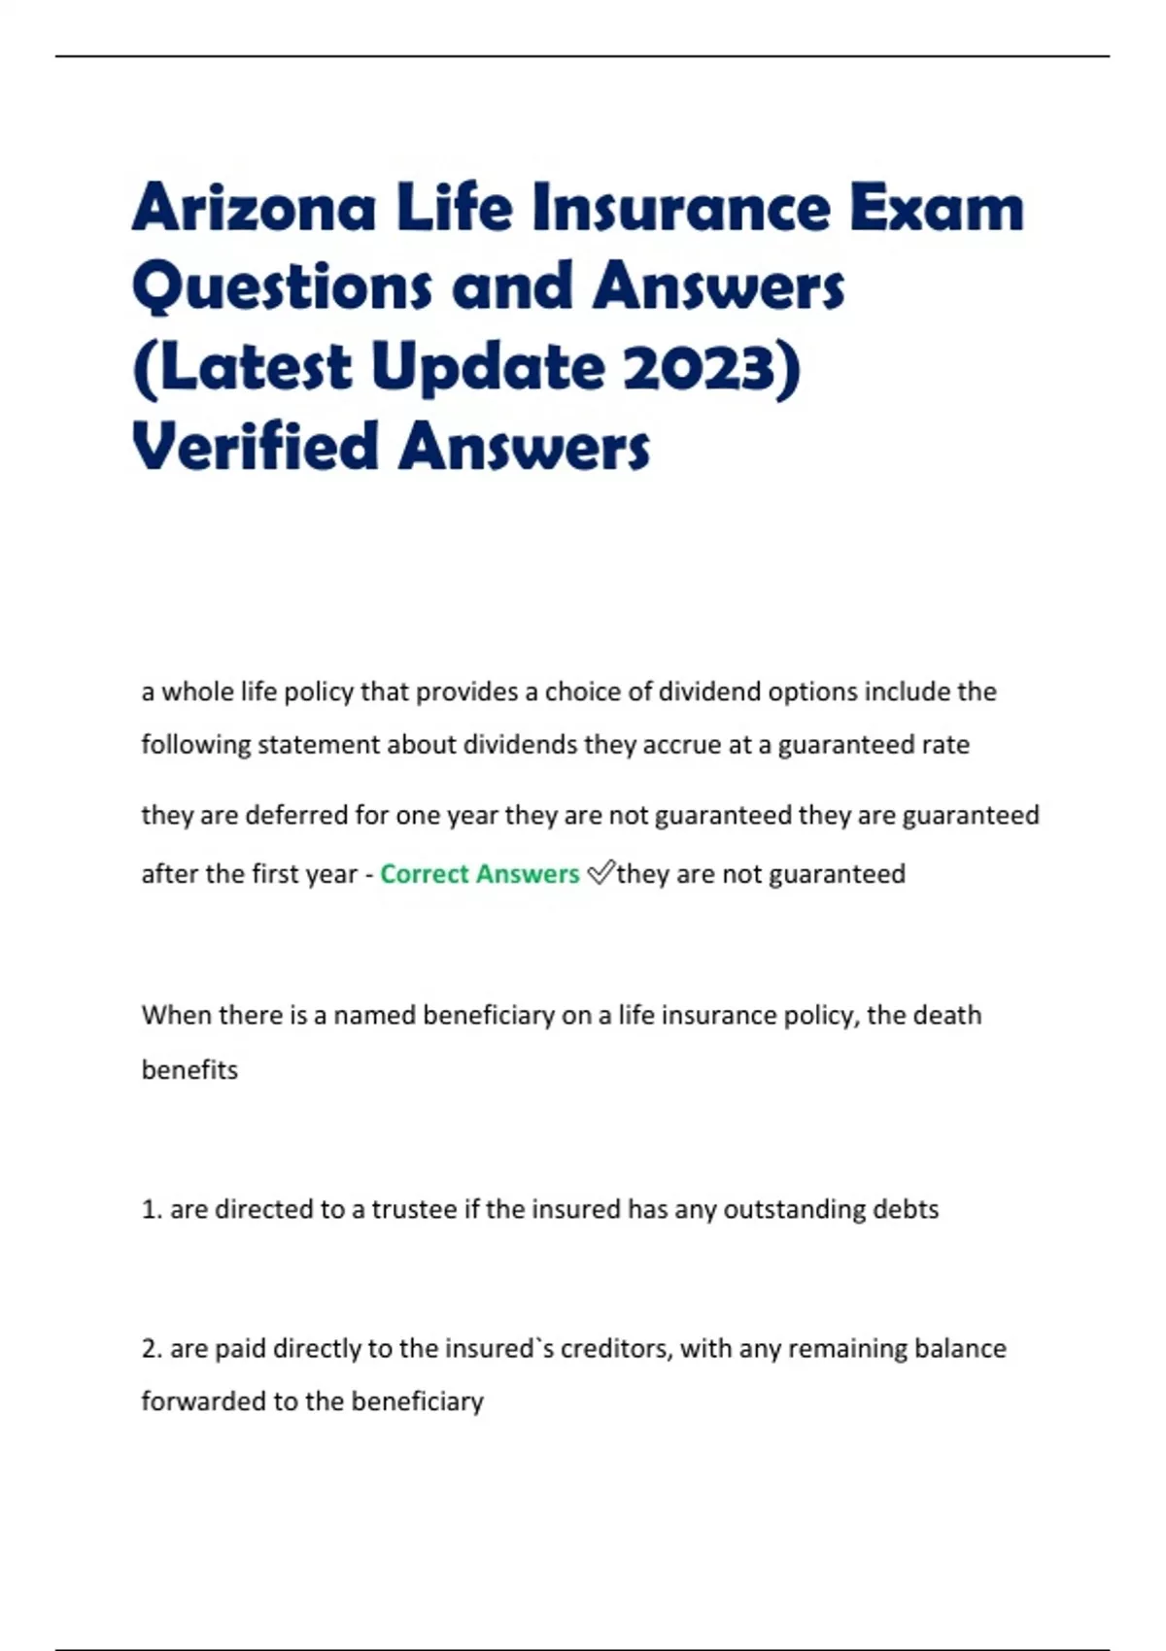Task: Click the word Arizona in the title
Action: (x=254, y=208)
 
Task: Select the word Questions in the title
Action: (x=281, y=287)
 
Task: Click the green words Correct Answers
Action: (x=479, y=874)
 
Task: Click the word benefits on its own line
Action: (x=189, y=1070)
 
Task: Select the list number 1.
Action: (x=151, y=1209)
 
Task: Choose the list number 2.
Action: (x=151, y=1349)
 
